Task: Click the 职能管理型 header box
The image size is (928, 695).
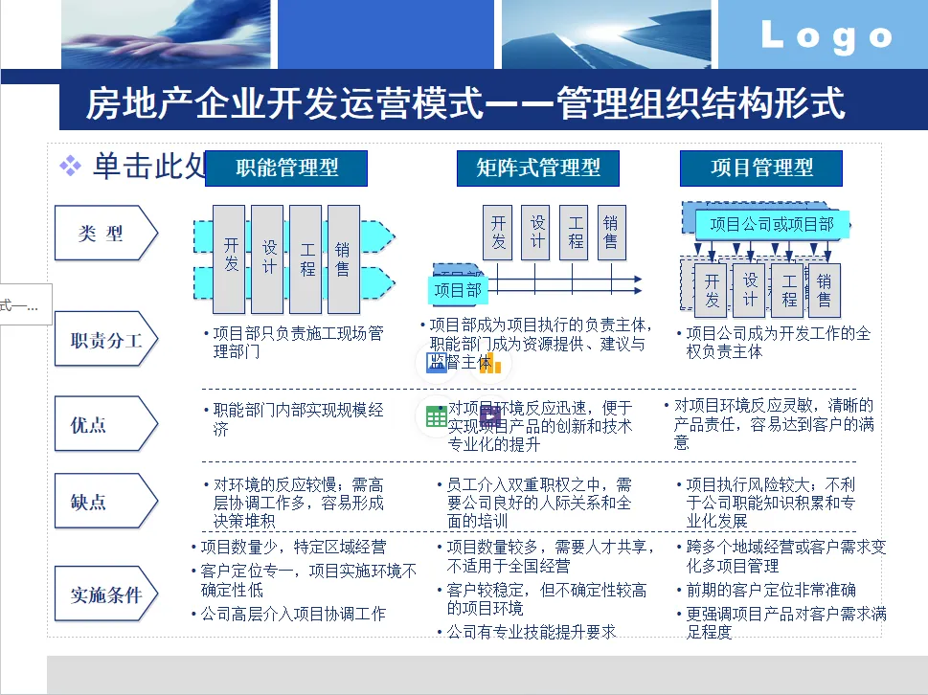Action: tap(286, 168)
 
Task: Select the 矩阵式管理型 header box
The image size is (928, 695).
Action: tap(537, 168)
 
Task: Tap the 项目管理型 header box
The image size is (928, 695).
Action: tap(761, 168)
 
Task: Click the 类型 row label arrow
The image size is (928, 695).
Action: tap(104, 233)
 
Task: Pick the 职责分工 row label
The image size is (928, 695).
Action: tap(104, 339)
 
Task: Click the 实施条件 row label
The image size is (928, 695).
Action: tap(104, 594)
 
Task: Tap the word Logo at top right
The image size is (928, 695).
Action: tap(826, 37)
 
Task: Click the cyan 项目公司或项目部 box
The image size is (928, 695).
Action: tap(771, 225)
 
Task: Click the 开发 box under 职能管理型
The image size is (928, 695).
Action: tap(230, 258)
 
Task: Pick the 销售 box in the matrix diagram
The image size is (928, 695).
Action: tap(611, 233)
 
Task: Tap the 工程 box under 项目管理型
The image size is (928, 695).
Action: tap(788, 289)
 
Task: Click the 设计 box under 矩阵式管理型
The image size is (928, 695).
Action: tap(537, 233)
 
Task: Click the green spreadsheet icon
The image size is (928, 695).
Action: tap(436, 416)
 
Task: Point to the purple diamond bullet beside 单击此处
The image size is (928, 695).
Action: tap(70, 168)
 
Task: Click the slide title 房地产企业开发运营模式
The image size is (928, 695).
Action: tap(464, 103)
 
